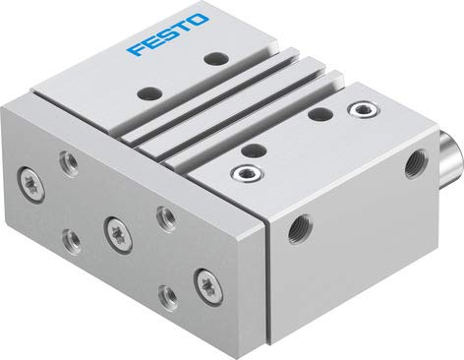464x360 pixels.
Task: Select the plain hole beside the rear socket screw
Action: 318,115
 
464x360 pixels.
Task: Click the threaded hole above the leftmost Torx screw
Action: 66,160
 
